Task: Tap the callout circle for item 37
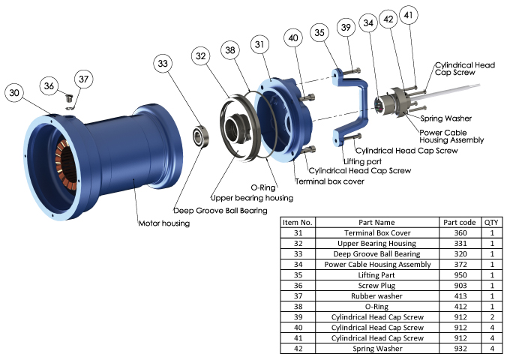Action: point(83,78)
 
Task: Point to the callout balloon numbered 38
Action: point(230,51)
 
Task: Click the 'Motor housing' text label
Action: point(164,223)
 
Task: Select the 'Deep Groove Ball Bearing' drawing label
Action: point(220,211)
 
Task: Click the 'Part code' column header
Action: point(459,222)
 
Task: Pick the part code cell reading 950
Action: point(459,275)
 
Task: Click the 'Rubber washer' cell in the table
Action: point(376,296)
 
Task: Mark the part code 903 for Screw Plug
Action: point(459,286)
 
